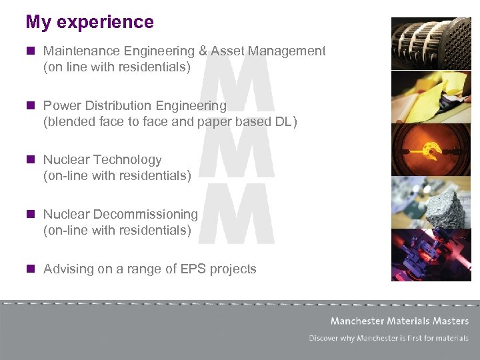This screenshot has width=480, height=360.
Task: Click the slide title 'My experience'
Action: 89,22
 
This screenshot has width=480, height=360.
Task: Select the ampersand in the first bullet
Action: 203,51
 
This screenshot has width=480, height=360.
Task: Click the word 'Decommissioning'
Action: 145,215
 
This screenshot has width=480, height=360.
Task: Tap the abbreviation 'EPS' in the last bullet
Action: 193,269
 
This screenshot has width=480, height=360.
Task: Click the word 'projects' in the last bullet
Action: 233,269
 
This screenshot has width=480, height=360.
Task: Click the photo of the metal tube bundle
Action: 431,43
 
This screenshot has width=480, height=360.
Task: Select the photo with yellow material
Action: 431,97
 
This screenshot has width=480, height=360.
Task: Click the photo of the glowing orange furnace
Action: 431,149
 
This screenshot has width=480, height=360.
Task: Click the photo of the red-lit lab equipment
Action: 431,255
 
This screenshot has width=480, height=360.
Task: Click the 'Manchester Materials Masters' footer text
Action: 399,321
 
